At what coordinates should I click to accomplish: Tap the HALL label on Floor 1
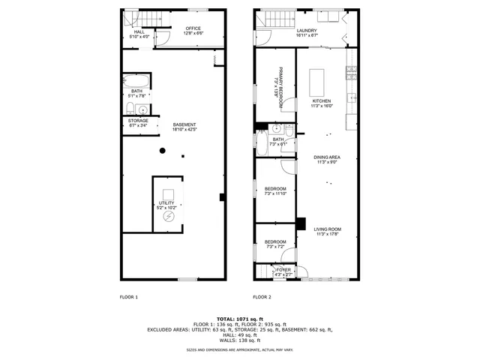(x=139, y=32)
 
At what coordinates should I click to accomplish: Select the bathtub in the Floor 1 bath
(x=137, y=80)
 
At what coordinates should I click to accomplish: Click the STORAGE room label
(x=137, y=121)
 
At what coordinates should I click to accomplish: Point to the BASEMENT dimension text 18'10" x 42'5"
(x=184, y=130)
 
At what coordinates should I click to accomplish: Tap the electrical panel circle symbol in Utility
(x=169, y=217)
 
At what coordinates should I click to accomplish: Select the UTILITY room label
(x=166, y=202)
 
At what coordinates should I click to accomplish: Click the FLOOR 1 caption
(x=129, y=297)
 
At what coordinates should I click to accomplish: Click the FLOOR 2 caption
(x=262, y=297)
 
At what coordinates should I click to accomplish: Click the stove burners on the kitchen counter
(x=349, y=73)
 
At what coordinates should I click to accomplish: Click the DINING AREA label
(x=327, y=157)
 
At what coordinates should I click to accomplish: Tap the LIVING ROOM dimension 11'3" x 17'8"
(x=327, y=234)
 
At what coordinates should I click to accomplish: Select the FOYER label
(x=283, y=269)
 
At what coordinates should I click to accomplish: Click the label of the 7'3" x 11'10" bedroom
(x=275, y=188)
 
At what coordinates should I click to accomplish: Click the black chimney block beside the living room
(x=301, y=223)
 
